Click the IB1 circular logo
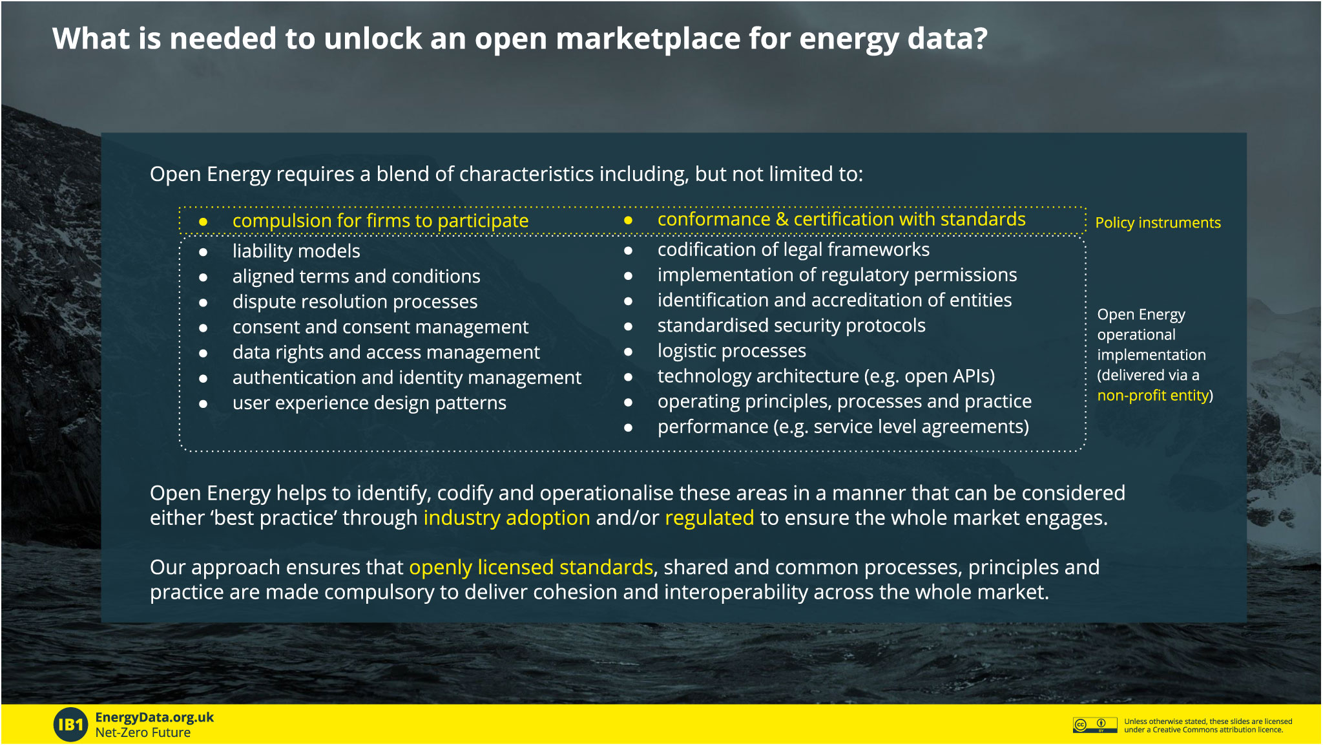click(x=70, y=724)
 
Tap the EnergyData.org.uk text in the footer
click(x=154, y=718)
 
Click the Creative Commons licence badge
click(x=1095, y=725)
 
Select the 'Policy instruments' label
click(x=1158, y=222)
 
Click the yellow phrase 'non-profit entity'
click(x=1153, y=395)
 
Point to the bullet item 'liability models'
click(x=297, y=251)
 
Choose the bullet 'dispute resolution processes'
click(x=355, y=301)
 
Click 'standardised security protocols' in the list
click(x=791, y=325)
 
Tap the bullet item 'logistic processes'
click(x=732, y=350)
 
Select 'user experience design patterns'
click(x=370, y=403)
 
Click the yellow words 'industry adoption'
click(x=507, y=518)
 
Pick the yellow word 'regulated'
click(x=709, y=518)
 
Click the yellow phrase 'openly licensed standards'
click(x=531, y=567)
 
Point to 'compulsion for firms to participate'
click(x=380, y=220)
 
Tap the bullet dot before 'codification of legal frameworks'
click(x=628, y=251)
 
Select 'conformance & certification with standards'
click(x=842, y=219)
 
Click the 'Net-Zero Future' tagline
click(x=143, y=732)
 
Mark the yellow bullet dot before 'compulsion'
click(x=203, y=222)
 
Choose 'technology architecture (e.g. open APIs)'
click(x=826, y=376)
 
